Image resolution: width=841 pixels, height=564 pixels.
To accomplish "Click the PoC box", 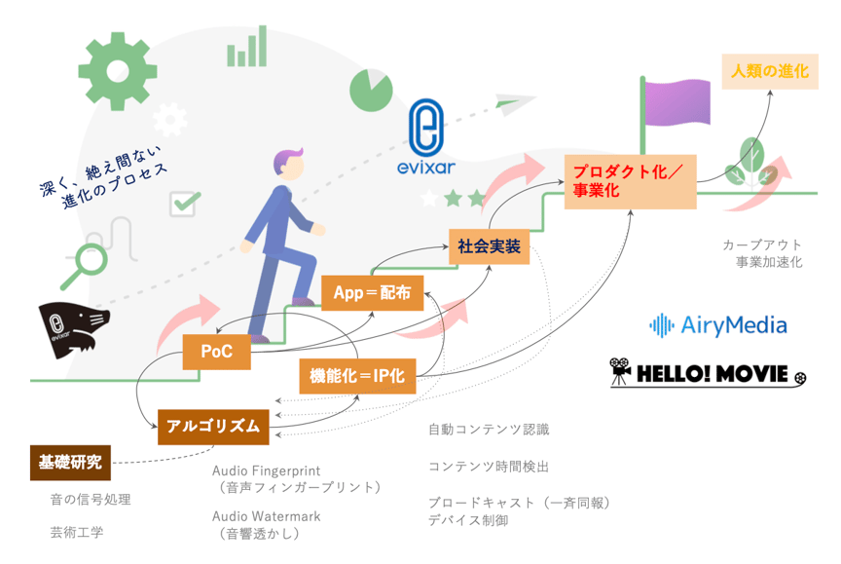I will pos(216,352).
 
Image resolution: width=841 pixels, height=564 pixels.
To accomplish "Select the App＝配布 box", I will pos(372,292).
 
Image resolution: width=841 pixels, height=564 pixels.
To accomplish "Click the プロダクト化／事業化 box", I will pos(630,180).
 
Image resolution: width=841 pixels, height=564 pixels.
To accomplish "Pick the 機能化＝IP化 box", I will pos(357,375).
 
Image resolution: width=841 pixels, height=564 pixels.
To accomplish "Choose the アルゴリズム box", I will pos(212,426).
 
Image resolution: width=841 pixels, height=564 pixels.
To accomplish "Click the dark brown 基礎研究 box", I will pos(70,462).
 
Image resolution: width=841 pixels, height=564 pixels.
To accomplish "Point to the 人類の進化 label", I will pos(769,71).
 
